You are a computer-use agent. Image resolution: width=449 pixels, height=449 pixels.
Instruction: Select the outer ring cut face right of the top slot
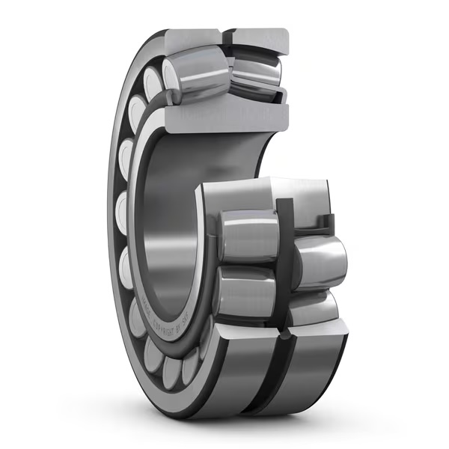click(x=259, y=39)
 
